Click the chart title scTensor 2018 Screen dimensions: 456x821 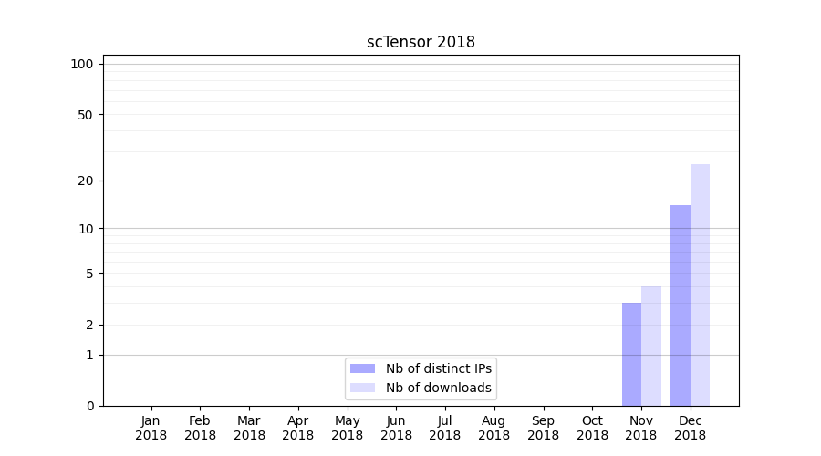coord(421,42)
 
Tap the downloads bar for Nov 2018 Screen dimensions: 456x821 coord(651,346)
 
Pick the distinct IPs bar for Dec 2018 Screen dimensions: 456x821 coord(681,306)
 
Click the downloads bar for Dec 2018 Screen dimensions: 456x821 coord(700,285)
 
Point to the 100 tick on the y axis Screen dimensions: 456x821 coord(82,64)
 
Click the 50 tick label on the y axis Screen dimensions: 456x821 coord(86,115)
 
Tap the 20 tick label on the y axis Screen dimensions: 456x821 coord(86,181)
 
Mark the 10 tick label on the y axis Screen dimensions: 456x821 coord(86,228)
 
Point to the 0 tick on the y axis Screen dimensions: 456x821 coord(89,406)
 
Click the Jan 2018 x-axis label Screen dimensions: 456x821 coord(151,428)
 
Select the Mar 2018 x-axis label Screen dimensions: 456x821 coord(249,428)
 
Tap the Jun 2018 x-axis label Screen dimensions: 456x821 coord(396,428)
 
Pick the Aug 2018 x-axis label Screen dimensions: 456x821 coord(494,428)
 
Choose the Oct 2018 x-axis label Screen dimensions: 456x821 coord(592,428)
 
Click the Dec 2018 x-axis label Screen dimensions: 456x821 coord(690,428)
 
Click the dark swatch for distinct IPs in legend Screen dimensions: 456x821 coord(362,368)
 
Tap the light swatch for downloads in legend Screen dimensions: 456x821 coord(362,388)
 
